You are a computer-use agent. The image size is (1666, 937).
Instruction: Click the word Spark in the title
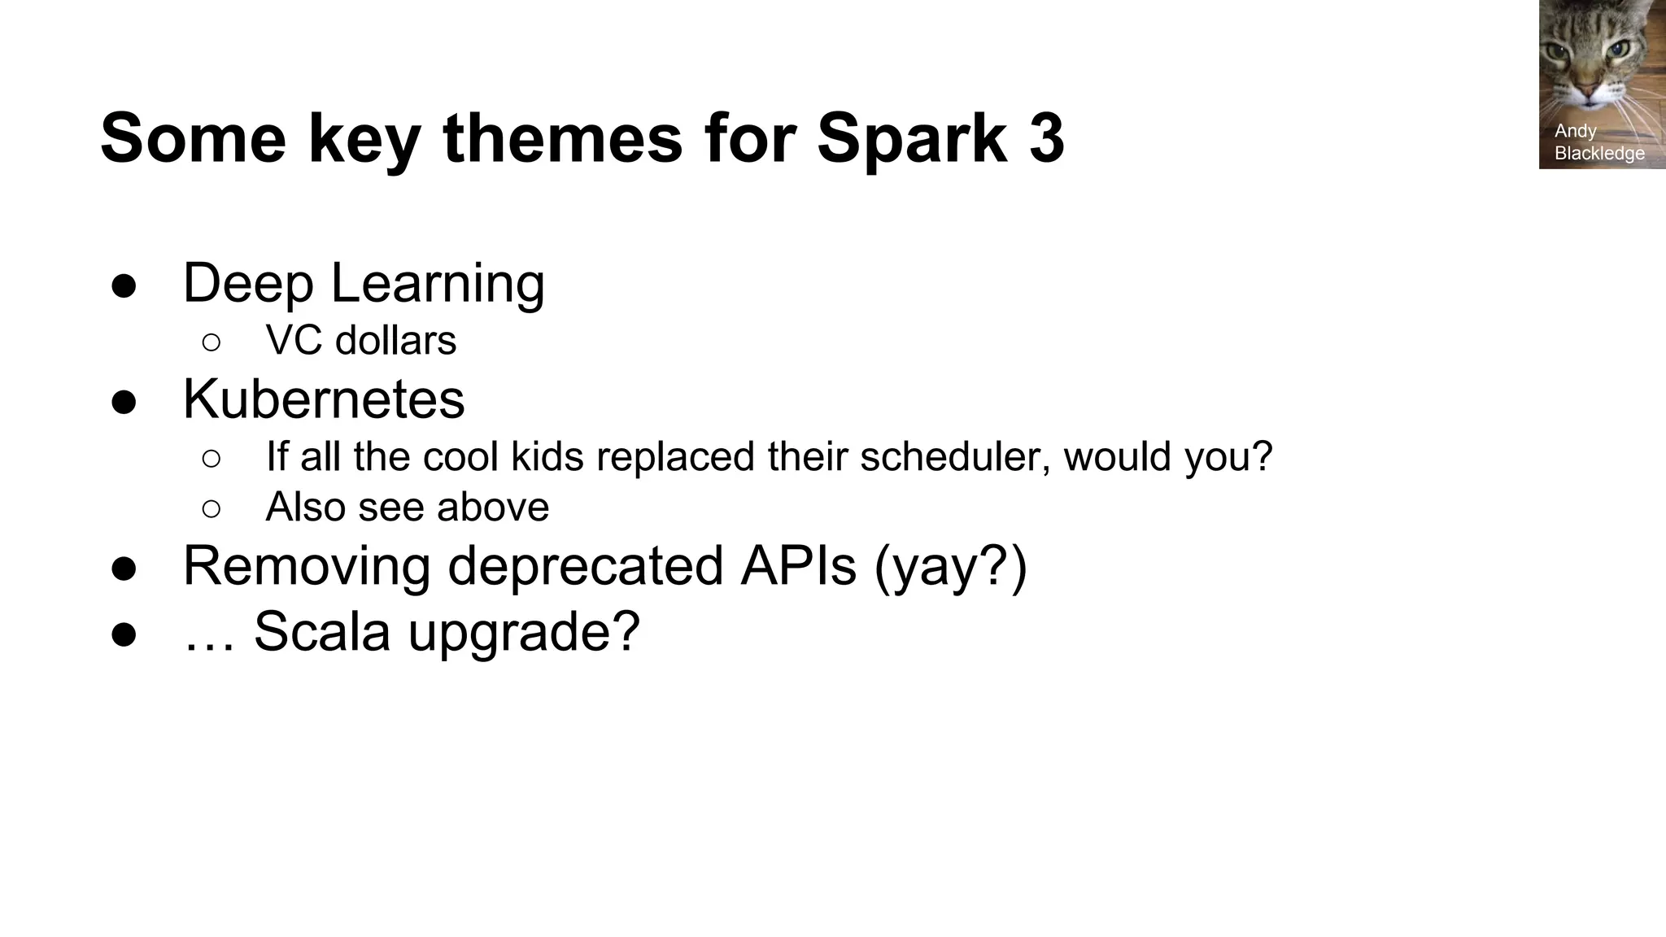(911, 138)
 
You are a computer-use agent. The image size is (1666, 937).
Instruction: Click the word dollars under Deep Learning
(396, 340)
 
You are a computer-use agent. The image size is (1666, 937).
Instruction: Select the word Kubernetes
(324, 399)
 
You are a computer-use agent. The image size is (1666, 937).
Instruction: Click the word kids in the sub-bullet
(547, 456)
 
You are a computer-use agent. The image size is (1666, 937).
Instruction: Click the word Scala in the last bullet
(322, 631)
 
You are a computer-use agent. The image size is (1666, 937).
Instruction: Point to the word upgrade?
(524, 631)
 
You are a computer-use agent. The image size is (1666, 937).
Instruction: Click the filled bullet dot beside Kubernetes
(124, 403)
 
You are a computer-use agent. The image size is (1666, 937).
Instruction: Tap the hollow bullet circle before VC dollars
(211, 342)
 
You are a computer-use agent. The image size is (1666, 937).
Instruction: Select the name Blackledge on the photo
(1599, 153)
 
